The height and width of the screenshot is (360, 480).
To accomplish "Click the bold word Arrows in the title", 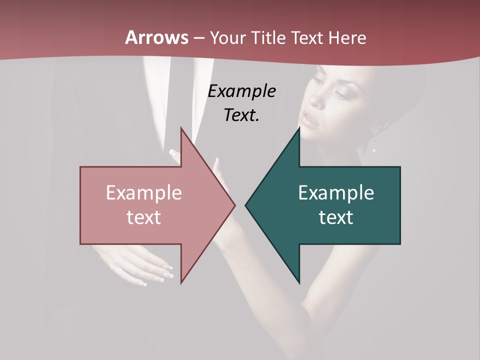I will pyautogui.click(x=156, y=37).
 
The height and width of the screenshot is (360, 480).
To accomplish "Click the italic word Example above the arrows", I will pyautogui.click(x=242, y=91).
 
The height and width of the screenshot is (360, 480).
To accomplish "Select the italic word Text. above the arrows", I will pyautogui.click(x=242, y=115).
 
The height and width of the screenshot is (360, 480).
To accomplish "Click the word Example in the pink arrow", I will pyautogui.click(x=144, y=193).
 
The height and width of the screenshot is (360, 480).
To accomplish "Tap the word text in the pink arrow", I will pyautogui.click(x=144, y=217).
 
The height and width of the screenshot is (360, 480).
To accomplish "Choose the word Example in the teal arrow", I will pyautogui.click(x=336, y=193).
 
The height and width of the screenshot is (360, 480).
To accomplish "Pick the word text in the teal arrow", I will pyautogui.click(x=336, y=217).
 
